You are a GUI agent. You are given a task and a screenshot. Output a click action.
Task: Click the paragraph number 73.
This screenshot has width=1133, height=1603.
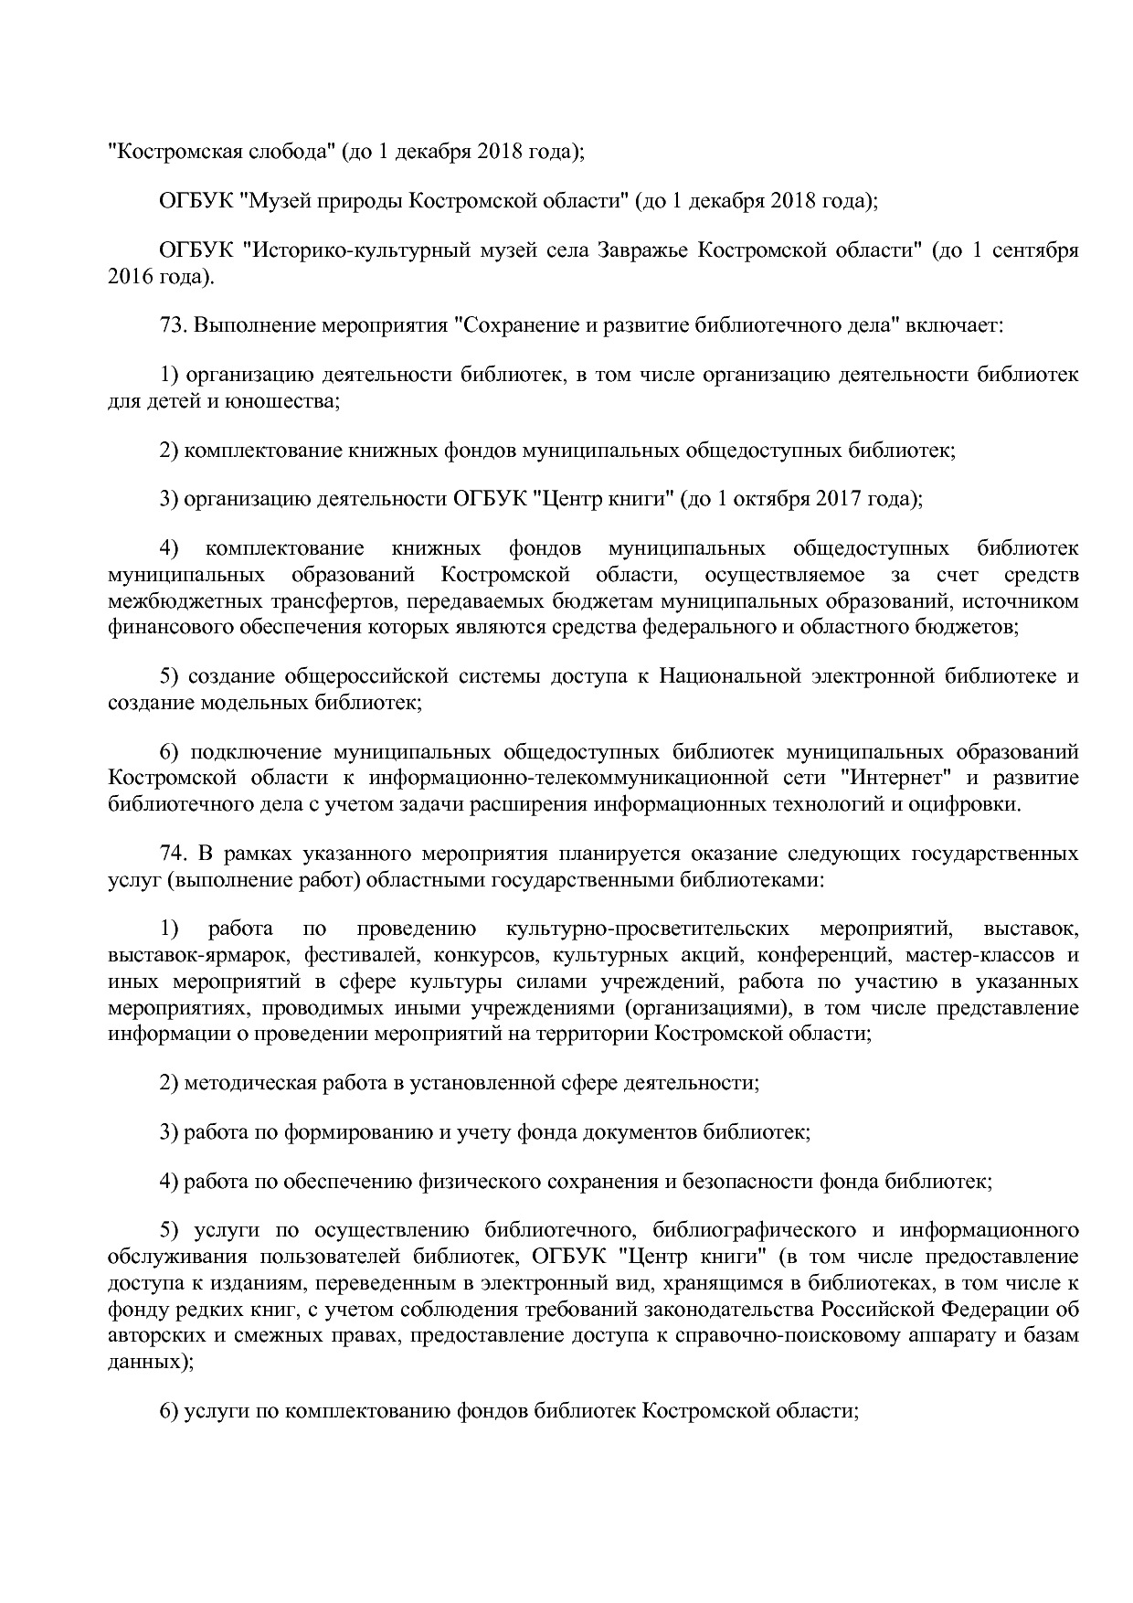pos(172,325)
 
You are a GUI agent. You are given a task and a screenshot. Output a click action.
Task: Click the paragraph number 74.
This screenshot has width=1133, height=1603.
pos(172,854)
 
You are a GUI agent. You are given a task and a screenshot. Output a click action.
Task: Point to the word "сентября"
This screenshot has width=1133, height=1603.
pos(1035,250)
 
